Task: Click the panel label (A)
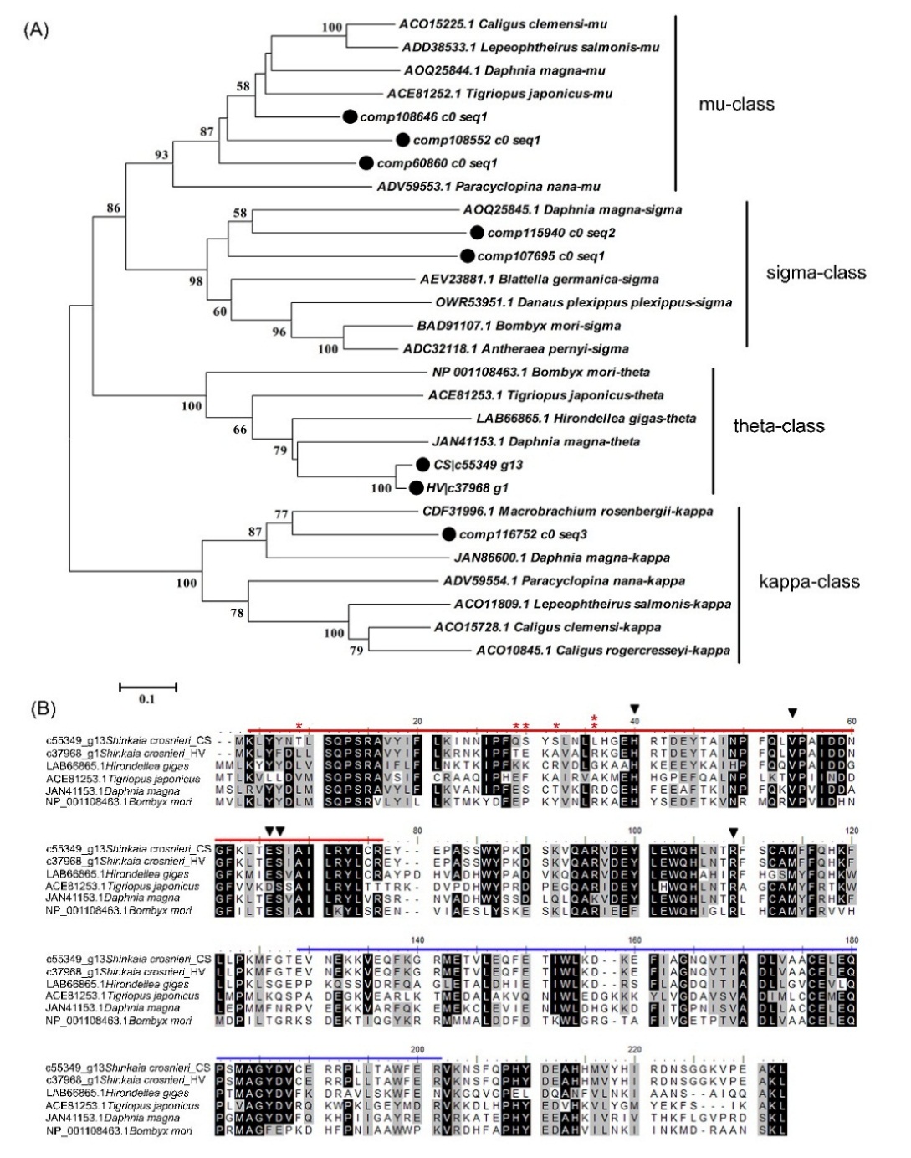point(37,31)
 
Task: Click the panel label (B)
point(43,708)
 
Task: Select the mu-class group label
point(736,104)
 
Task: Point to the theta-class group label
point(778,425)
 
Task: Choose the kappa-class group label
point(808,581)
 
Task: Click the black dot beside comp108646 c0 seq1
point(351,117)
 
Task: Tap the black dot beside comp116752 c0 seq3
point(449,534)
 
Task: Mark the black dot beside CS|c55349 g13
point(423,465)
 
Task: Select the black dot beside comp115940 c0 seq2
point(477,233)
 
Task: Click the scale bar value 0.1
point(146,698)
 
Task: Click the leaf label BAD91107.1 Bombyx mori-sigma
point(519,326)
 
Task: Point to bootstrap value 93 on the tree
point(161,154)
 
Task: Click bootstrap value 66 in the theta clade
point(240,430)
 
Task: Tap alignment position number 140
point(418,940)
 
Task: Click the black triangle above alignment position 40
point(635,709)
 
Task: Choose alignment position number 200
point(418,1049)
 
